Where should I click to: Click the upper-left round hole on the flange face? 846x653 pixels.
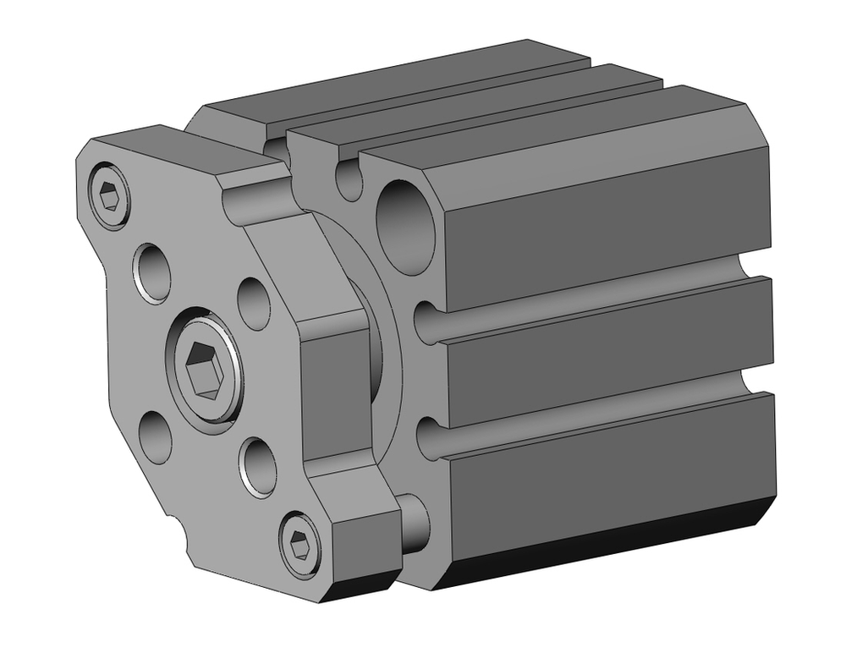pyautogui.click(x=152, y=272)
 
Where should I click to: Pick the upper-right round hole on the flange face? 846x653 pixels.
pyautogui.click(x=254, y=302)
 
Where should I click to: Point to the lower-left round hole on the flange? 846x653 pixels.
pyautogui.click(x=155, y=436)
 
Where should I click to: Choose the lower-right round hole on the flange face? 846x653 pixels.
pyautogui.click(x=259, y=466)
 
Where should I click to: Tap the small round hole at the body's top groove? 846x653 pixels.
pyautogui.click(x=349, y=179)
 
